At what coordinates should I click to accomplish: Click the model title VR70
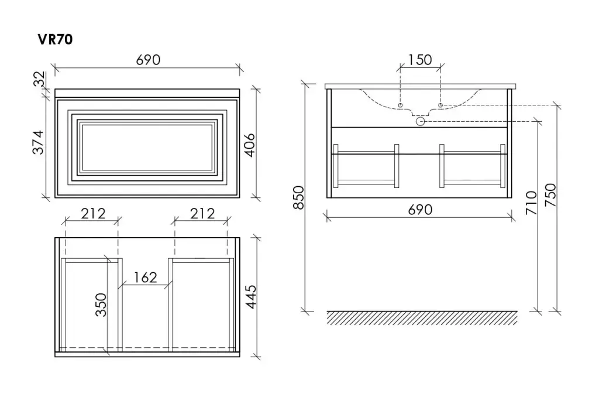tap(56, 39)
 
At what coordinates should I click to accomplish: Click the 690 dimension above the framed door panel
tap(148, 60)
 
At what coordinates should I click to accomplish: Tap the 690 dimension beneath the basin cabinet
tap(420, 210)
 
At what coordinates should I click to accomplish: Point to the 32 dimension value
tap(39, 79)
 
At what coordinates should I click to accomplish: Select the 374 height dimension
tap(38, 142)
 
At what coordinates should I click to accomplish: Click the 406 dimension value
tap(249, 145)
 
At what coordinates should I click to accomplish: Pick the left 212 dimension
tap(93, 213)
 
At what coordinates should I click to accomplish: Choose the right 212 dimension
tap(202, 213)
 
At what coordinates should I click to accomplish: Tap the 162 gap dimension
tap(145, 278)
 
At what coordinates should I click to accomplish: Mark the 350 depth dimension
tap(101, 305)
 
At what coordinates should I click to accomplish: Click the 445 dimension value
tap(251, 296)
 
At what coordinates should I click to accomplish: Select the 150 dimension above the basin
tap(420, 60)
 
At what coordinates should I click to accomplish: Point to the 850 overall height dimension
tap(298, 197)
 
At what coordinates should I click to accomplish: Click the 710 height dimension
tap(531, 203)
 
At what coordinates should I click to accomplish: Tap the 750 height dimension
tap(550, 195)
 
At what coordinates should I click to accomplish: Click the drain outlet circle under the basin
tap(420, 122)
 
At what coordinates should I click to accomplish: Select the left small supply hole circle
tap(400, 105)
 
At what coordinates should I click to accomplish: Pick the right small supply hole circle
tap(440, 105)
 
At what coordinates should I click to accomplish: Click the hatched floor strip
tap(422, 318)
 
